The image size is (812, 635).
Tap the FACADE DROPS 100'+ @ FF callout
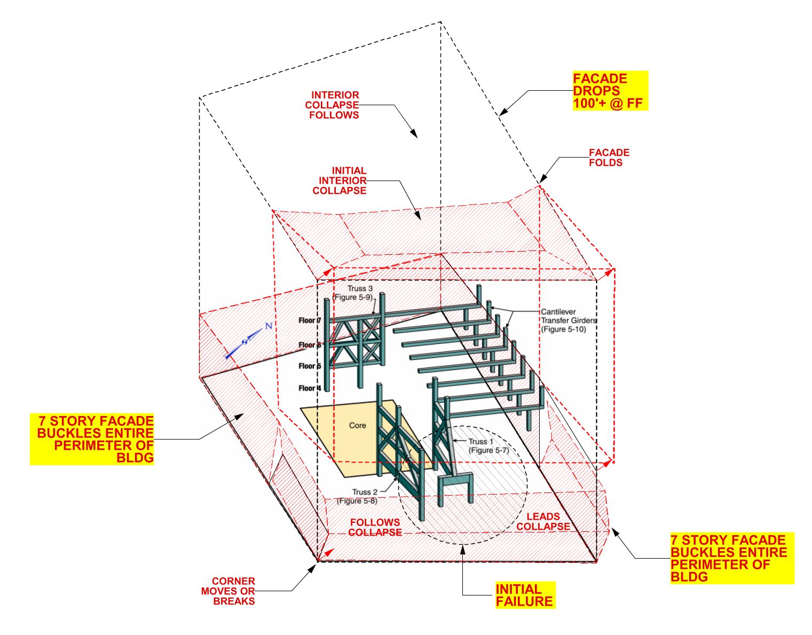[x=610, y=90]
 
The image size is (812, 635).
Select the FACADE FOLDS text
[x=609, y=158]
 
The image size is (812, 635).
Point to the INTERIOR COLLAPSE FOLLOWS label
[x=332, y=105]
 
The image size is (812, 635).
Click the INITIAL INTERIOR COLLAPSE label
[x=340, y=181]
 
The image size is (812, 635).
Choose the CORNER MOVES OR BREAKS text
[x=228, y=591]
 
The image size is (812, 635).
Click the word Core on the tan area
[x=357, y=425]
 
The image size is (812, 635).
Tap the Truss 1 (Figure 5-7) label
[x=489, y=446]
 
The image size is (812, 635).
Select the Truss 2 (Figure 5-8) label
[x=358, y=496]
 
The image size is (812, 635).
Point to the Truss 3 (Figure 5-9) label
[x=353, y=293]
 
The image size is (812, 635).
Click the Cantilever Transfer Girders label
[x=569, y=320]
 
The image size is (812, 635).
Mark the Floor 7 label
[x=310, y=320]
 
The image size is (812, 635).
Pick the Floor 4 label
[x=310, y=388]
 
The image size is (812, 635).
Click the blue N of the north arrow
[x=269, y=326]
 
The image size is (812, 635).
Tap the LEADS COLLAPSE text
[x=543, y=521]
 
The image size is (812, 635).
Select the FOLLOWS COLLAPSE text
[x=375, y=527]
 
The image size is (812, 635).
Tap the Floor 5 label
[x=310, y=366]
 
